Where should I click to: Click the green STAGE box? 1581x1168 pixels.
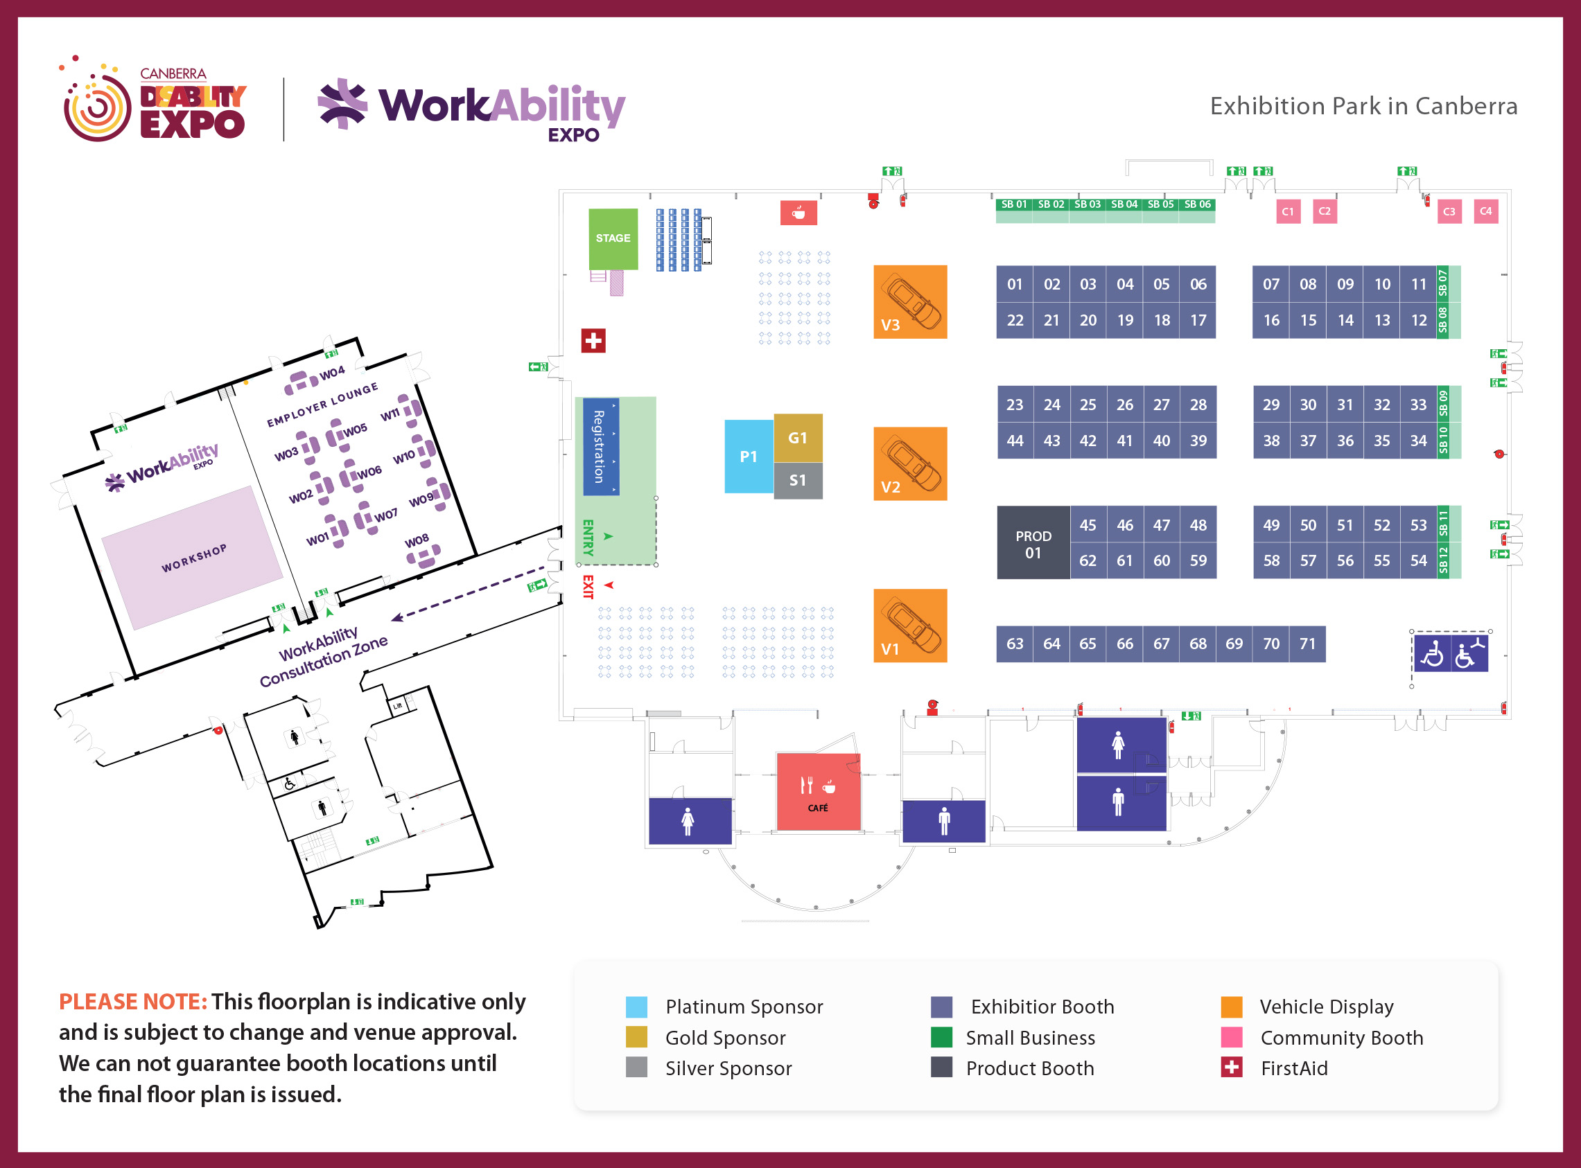point(613,239)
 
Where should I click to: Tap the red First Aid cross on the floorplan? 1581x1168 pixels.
point(593,341)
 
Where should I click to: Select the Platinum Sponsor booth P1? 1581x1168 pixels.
point(749,457)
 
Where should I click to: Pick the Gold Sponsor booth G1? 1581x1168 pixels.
point(798,439)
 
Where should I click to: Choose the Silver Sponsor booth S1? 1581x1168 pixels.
point(798,481)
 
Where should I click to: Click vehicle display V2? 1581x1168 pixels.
point(910,464)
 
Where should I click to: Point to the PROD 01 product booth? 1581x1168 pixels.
point(1033,543)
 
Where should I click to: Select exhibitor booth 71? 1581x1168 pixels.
point(1307,644)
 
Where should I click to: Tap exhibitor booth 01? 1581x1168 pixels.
point(1015,284)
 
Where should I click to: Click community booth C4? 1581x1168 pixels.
point(1486,211)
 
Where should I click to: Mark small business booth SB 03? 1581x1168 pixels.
point(1088,204)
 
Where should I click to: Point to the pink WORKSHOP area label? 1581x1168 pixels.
point(194,558)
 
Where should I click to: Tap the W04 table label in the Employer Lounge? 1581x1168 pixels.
point(332,373)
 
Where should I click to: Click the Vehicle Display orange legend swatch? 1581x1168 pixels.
point(1232,1007)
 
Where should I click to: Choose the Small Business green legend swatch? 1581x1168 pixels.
point(941,1037)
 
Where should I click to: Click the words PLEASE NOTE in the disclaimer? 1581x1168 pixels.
point(133,1002)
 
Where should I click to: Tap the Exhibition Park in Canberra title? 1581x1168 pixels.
point(1364,106)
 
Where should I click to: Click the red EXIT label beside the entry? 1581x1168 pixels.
point(587,587)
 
